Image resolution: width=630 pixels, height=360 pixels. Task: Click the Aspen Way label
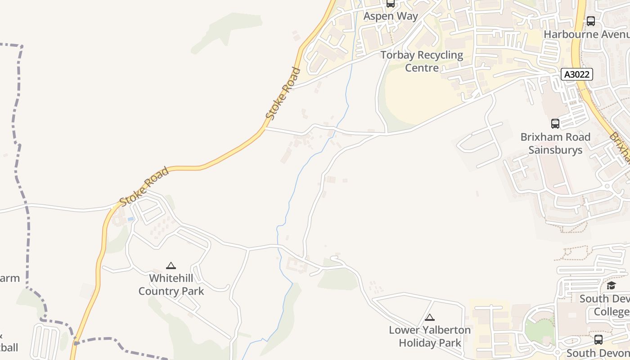[x=391, y=16]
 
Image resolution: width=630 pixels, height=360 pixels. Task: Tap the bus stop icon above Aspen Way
[x=391, y=4]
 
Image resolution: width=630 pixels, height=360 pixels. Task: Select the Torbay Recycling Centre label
[x=422, y=61]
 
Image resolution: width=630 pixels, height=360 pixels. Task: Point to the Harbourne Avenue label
[x=586, y=34]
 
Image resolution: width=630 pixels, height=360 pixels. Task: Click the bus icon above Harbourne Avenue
[x=591, y=21]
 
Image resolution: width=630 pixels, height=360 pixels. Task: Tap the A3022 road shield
[x=576, y=74]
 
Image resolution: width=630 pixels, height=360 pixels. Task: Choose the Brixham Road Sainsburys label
[x=555, y=143]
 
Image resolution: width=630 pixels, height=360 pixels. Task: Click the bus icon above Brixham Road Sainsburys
[x=555, y=123]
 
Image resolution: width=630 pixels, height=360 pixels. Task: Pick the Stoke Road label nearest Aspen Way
[x=283, y=94]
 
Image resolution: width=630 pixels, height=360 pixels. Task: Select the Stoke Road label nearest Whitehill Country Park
[x=144, y=186]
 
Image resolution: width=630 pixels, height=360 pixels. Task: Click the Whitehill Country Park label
[x=171, y=284]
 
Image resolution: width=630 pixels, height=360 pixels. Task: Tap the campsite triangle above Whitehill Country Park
[x=171, y=266]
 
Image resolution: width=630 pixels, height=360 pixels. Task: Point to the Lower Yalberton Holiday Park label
[x=430, y=336]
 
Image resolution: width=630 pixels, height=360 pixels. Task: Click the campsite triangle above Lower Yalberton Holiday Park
[x=430, y=318]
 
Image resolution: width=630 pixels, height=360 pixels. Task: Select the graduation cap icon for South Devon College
[x=611, y=285]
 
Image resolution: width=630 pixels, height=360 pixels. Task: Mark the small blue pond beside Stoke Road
[x=130, y=219]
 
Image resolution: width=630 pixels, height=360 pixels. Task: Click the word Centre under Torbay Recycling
[x=422, y=67]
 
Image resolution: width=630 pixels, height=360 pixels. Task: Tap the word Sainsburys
[x=555, y=150]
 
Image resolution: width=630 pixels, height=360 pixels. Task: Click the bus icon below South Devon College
[x=598, y=340]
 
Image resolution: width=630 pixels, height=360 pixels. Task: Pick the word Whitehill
[x=171, y=278]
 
